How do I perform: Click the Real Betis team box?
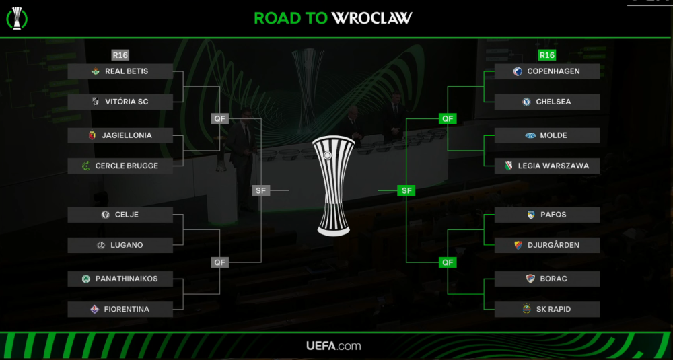(x=120, y=71)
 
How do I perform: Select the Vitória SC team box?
(x=120, y=102)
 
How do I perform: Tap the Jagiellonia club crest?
(x=92, y=135)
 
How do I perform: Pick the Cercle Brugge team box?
(x=120, y=166)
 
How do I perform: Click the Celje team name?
(x=127, y=215)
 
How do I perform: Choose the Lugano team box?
(x=120, y=245)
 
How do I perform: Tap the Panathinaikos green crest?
(x=85, y=279)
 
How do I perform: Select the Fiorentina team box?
(x=120, y=309)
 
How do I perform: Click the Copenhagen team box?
(x=546, y=71)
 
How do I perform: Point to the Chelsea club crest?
(x=527, y=102)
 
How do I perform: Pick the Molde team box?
(x=546, y=135)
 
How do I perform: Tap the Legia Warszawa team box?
(x=546, y=166)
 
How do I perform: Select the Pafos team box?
(x=546, y=215)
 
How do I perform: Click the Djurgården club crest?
(x=518, y=245)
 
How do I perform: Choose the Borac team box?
(x=546, y=279)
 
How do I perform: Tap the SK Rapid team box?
(x=546, y=309)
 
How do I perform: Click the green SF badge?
(x=406, y=190)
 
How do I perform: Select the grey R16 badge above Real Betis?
(x=120, y=55)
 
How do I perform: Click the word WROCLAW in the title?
(x=372, y=18)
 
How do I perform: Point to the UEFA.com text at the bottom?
(x=334, y=346)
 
